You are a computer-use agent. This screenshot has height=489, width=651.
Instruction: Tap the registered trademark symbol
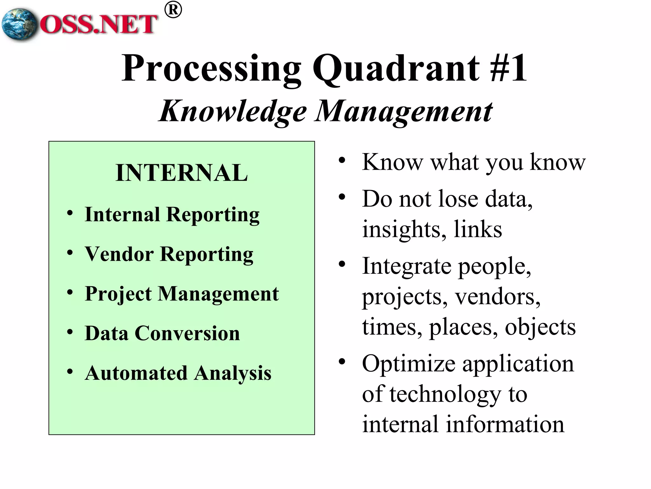(x=173, y=10)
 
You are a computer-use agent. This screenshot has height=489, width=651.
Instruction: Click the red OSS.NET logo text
(x=99, y=24)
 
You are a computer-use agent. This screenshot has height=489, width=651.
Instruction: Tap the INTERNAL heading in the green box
(x=182, y=173)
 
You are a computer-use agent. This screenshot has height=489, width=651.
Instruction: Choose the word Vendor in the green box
(x=119, y=254)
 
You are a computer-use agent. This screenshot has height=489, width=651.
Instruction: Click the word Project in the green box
(x=118, y=294)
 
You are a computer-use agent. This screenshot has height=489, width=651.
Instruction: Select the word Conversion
(x=187, y=333)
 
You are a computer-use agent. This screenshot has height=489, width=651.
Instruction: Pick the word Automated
(x=136, y=373)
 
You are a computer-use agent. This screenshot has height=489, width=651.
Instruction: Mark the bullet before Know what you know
(x=342, y=160)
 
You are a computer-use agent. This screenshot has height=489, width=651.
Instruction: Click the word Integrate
(x=407, y=266)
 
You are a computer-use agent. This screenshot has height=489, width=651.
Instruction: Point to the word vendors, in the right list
(x=497, y=297)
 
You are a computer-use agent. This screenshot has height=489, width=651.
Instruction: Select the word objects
(x=540, y=327)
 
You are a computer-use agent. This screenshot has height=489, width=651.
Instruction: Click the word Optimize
(x=408, y=364)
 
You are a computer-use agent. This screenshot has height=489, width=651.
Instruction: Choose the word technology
(x=445, y=394)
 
